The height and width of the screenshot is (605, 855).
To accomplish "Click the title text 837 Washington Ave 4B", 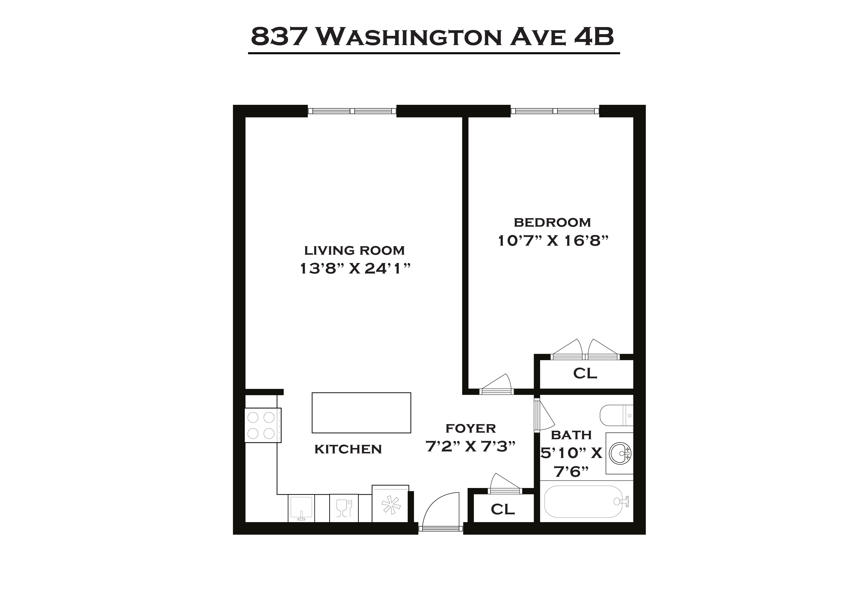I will [x=432, y=37].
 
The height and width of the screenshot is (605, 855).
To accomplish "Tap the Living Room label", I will [x=354, y=250].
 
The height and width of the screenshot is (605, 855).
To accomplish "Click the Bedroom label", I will [x=552, y=222].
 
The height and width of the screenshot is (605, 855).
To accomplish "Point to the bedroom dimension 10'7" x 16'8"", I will [x=553, y=241].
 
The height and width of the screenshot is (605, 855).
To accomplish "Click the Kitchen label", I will [x=348, y=449].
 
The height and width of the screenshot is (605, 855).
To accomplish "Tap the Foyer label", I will [x=470, y=429].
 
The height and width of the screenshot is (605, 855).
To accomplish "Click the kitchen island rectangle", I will [x=361, y=413].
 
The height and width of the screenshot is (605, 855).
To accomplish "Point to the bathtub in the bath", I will [x=583, y=501].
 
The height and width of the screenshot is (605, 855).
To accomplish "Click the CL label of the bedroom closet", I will [x=585, y=373].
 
